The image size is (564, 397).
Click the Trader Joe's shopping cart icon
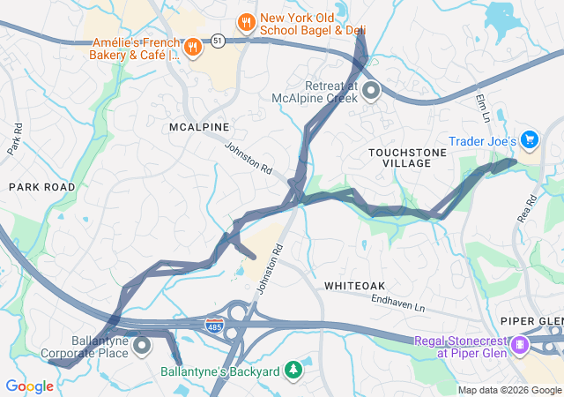(529, 140)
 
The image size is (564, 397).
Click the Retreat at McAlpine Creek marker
(371, 90)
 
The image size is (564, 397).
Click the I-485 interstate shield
(214, 326)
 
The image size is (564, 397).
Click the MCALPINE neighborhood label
(199, 127)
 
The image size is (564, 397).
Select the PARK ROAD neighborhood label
(42, 187)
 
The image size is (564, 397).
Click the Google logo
(29, 386)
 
